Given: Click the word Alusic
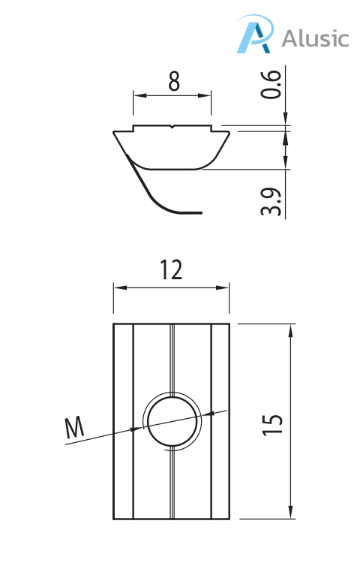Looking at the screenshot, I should pyautogui.click(x=315, y=38).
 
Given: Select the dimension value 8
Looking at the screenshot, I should pyautogui.click(x=173, y=81).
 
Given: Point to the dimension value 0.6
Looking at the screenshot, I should pyautogui.click(x=274, y=84).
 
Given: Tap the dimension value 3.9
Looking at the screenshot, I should pyautogui.click(x=274, y=202).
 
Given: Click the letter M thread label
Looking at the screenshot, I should pyautogui.click(x=74, y=428).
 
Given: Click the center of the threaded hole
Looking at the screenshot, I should pyautogui.click(x=172, y=421).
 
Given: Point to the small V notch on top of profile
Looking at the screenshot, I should pyautogui.click(x=172, y=128).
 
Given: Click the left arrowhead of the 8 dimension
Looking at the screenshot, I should pyautogui.click(x=137, y=95).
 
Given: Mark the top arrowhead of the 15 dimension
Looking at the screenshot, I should pyautogui.click(x=290, y=328).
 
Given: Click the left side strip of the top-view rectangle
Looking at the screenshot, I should pyautogui.click(x=123, y=421).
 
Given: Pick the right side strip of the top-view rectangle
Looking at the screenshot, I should pyautogui.click(x=220, y=421).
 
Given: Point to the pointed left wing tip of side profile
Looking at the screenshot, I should pyautogui.click(x=115, y=132).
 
